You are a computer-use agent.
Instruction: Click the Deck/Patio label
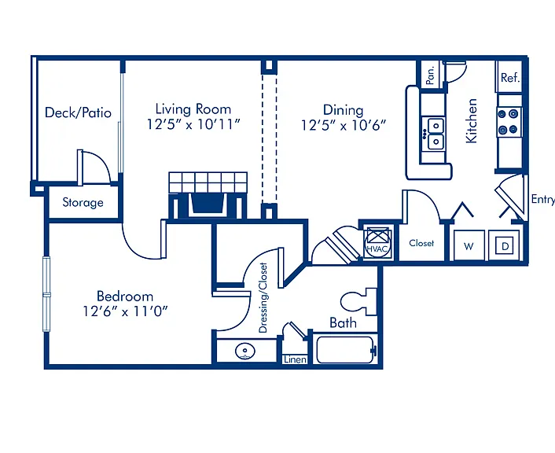pos(78,112)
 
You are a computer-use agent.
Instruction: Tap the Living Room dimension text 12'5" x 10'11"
pos(193,124)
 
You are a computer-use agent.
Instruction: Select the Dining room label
pos(343,110)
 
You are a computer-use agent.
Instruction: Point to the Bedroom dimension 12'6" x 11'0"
pos(125,311)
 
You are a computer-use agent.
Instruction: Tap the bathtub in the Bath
pos(345,350)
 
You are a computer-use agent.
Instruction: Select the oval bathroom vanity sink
pos(245,352)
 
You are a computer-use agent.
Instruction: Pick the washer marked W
pos(469,245)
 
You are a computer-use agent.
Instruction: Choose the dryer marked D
pos(505,245)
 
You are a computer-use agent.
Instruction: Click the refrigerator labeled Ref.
pos(509,77)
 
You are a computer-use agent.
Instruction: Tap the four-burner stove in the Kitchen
pos(509,122)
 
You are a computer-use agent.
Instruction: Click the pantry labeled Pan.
pos(431,75)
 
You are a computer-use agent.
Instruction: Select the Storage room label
pos(83,202)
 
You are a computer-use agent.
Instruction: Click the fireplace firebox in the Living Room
pos(207,204)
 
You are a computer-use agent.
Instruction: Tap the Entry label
pos(543,200)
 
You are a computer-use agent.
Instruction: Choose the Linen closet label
pos(296,359)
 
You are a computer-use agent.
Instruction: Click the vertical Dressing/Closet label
pos(263,297)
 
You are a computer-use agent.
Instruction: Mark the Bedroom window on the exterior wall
pos(46,294)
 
